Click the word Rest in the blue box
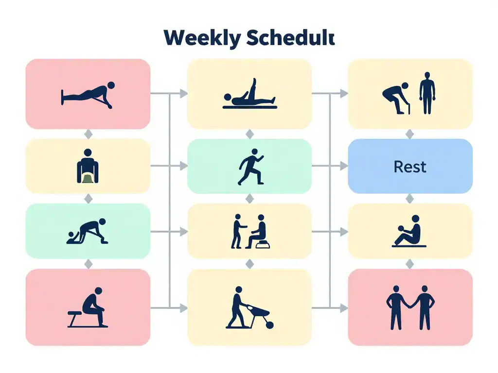[410, 167]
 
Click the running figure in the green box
[250, 167]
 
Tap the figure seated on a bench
[93, 306]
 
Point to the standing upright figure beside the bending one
[427, 93]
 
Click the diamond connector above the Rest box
[410, 134]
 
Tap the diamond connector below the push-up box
[88, 134]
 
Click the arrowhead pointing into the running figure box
[184, 167]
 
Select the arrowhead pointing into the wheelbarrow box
[184, 307]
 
